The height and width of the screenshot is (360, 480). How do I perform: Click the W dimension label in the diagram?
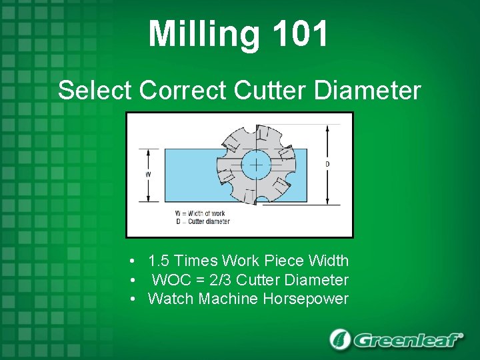tap(147, 175)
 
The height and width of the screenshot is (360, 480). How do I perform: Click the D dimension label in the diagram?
tap(327, 164)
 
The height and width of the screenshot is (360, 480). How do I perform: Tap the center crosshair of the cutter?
tap(255, 165)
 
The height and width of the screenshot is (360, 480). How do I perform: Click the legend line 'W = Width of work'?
tap(202, 213)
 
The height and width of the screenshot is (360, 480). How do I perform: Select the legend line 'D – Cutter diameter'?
tap(202, 221)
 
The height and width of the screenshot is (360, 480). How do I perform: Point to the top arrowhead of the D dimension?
tap(327, 127)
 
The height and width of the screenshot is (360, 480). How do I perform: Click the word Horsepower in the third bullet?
tap(305, 299)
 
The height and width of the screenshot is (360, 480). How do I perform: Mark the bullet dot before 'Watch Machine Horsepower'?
tap(134, 299)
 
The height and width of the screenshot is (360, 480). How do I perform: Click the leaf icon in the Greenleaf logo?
tap(340, 339)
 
